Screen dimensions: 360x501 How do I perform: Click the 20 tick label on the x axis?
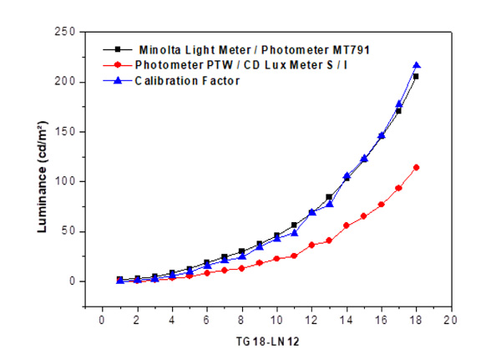tap(451, 320)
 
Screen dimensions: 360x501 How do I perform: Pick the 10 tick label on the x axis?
tap(276, 320)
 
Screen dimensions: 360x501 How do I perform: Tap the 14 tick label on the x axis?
tap(347, 320)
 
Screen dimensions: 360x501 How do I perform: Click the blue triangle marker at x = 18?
tap(416, 65)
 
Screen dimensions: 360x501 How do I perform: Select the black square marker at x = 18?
tap(416, 76)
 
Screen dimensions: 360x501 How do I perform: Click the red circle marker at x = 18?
tap(416, 167)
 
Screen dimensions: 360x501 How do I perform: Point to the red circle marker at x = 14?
tap(347, 226)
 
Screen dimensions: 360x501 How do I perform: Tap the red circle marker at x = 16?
tap(382, 205)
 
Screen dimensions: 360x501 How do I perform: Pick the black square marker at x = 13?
tap(329, 197)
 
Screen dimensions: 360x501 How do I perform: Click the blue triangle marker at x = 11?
tap(294, 233)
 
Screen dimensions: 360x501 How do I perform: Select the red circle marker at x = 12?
tap(311, 245)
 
